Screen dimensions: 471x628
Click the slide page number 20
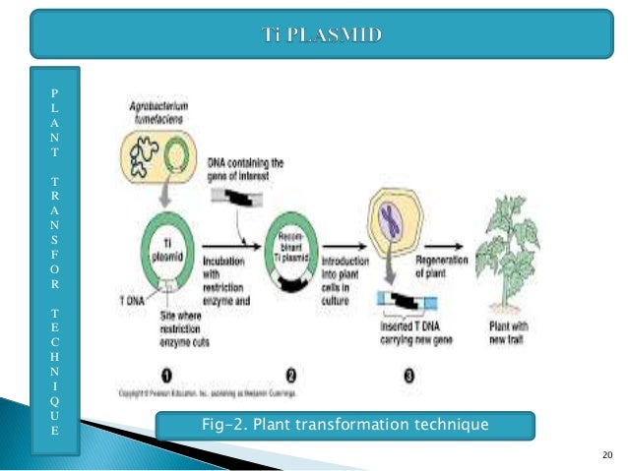point(605,454)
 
